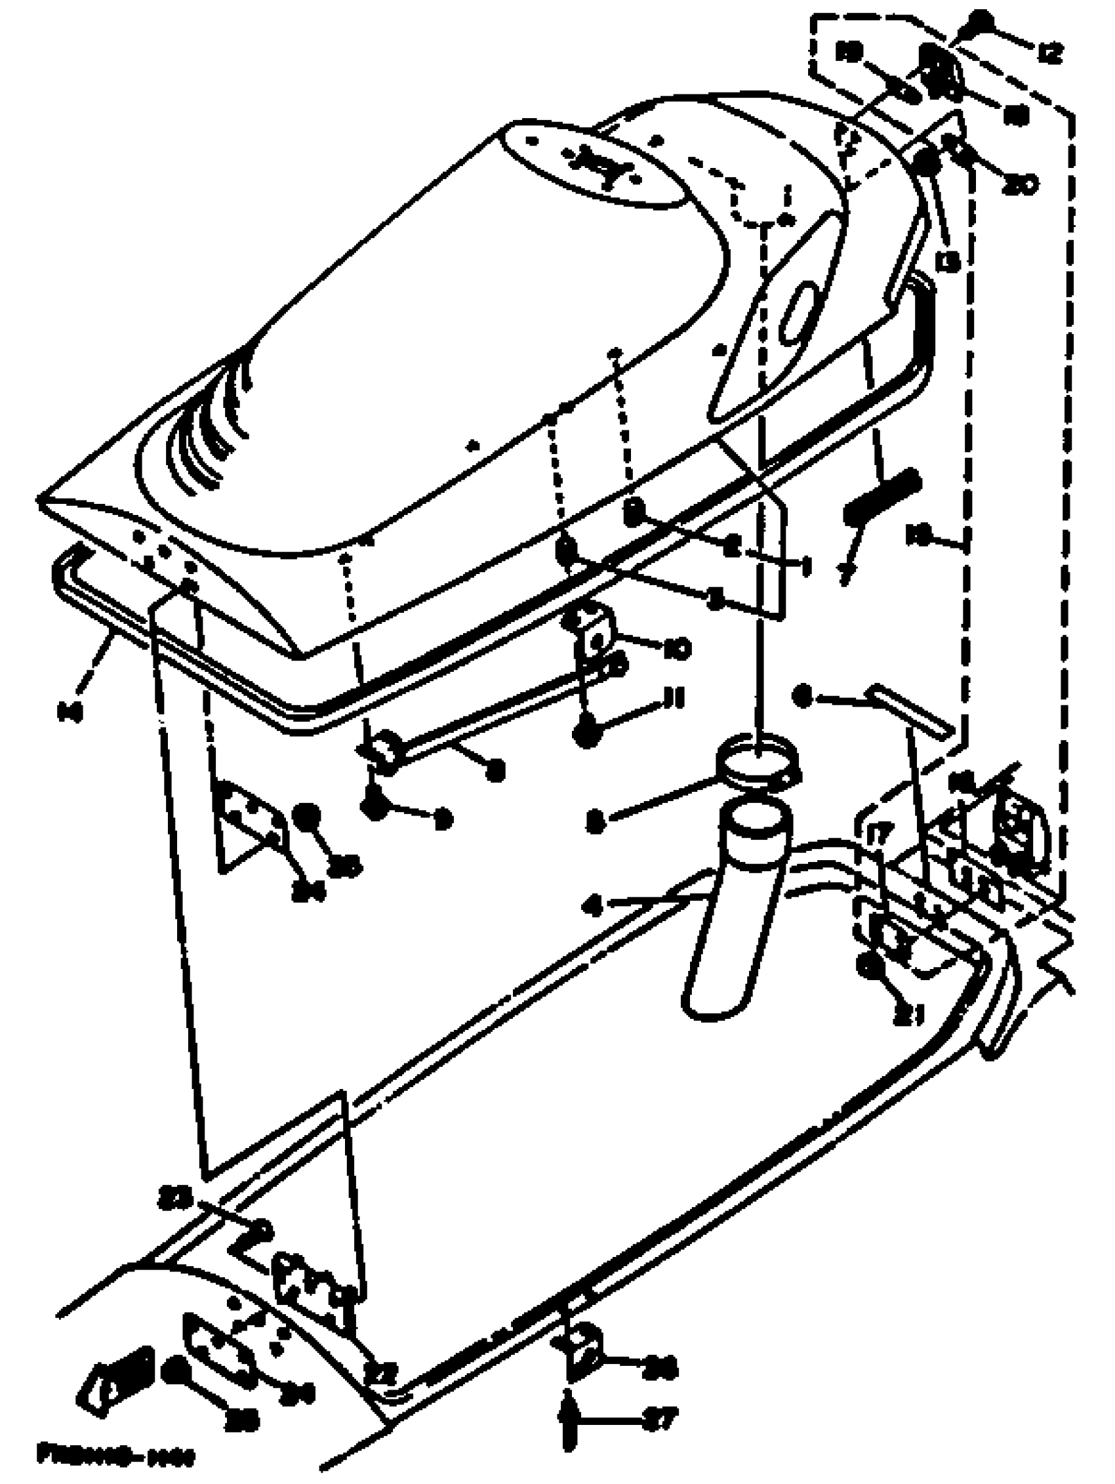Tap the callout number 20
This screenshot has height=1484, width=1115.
1021,183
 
